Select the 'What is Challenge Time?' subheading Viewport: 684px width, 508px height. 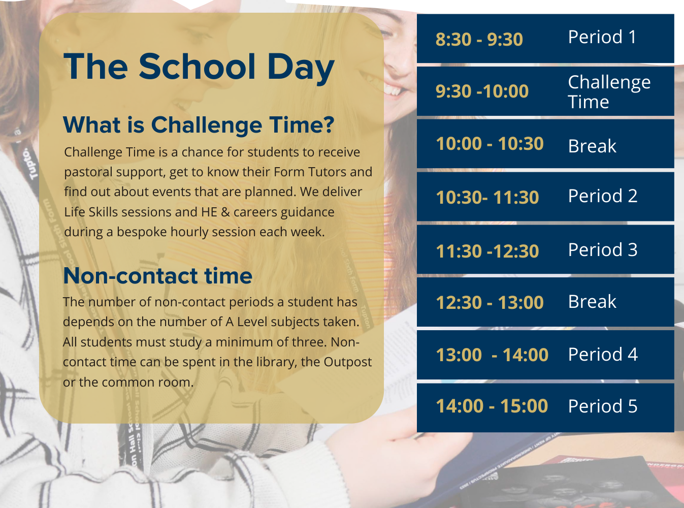point(199,125)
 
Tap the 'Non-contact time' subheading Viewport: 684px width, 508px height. point(157,276)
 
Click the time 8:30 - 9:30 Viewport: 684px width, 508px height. point(479,39)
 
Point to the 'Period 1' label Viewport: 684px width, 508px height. point(602,37)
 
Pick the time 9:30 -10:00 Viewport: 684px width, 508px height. point(482,91)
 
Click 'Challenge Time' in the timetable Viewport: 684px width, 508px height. point(609,91)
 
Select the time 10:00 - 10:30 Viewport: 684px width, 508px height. point(490,144)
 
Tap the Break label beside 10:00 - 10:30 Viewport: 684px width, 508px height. point(592,146)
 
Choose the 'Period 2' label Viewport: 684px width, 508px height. point(603,196)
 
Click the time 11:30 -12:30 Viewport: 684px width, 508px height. point(487,251)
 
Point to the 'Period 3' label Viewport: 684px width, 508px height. point(603,249)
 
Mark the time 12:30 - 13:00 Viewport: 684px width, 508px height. point(490,302)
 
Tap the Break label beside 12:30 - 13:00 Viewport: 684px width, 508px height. point(592,302)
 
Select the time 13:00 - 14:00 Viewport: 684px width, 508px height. point(492,355)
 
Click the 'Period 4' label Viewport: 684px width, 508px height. point(603,354)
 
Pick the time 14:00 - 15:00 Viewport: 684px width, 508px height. point(492,406)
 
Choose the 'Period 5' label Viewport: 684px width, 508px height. point(603,406)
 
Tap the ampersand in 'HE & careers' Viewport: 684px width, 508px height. point(225,212)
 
